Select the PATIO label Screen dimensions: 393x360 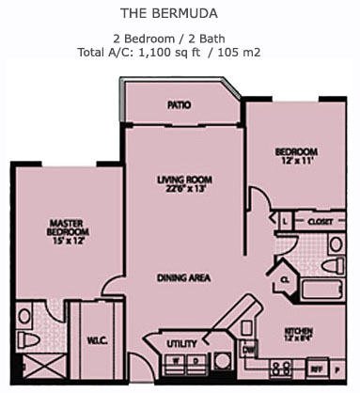pyautogui.click(x=180, y=105)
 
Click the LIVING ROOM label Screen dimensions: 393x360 pyautogui.click(x=184, y=179)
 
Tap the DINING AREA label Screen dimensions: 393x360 pyautogui.click(x=184, y=278)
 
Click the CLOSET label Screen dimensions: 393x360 pyautogui.click(x=321, y=221)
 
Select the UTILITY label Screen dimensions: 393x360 pyautogui.click(x=181, y=344)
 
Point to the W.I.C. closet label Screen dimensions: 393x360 pyautogui.click(x=97, y=340)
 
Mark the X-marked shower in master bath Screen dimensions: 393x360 pyautogui.click(x=35, y=369)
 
